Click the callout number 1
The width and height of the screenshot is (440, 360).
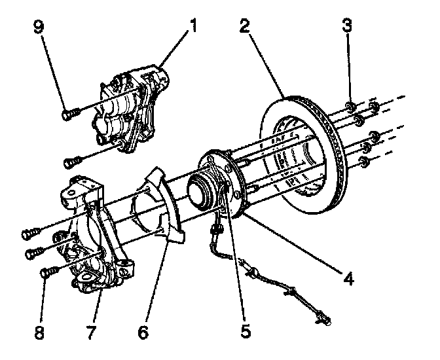pyautogui.click(x=192, y=26)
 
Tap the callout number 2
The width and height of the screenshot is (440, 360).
pyautogui.click(x=245, y=26)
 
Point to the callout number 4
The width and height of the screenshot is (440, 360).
pyautogui.click(x=348, y=278)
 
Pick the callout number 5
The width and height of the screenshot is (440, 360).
pyautogui.click(x=246, y=331)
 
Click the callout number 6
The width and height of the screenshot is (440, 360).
pyautogui.click(x=143, y=331)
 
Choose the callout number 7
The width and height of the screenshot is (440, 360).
pyautogui.click(x=91, y=331)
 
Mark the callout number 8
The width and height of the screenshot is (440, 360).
pyautogui.click(x=39, y=331)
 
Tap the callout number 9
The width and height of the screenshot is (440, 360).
pyautogui.click(x=39, y=27)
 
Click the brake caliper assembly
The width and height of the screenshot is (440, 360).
pyautogui.click(x=129, y=109)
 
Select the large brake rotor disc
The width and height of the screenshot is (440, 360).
pyautogui.click(x=303, y=154)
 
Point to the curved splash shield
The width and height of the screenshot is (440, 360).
pyautogui.click(x=166, y=205)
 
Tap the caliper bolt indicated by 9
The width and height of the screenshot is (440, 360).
pyautogui.click(x=70, y=115)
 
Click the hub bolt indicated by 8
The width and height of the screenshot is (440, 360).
pyautogui.click(x=50, y=272)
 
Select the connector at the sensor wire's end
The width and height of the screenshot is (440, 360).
pyautogui.click(x=323, y=319)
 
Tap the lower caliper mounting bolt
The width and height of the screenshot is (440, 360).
pyautogui.click(x=73, y=162)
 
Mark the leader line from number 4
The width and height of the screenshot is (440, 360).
pyautogui.click(x=293, y=243)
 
